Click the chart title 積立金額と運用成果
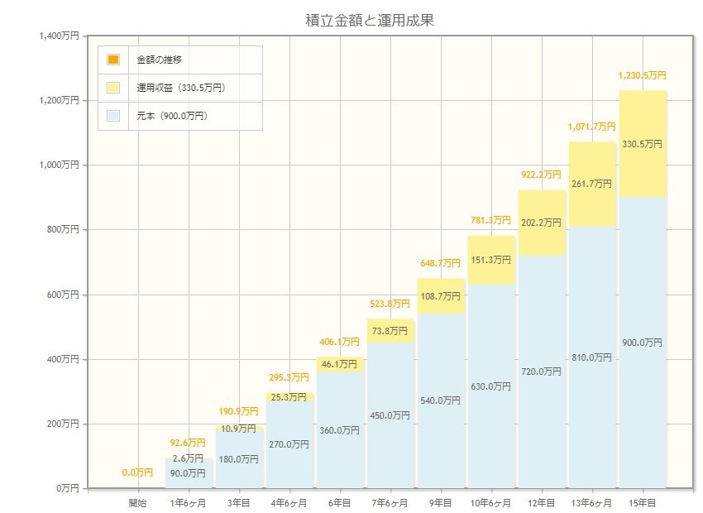[x=369, y=21]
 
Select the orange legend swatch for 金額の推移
[x=113, y=60]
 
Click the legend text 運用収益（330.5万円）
[x=181, y=88]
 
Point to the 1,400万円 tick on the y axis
[x=59, y=36]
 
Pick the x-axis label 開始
[x=137, y=502]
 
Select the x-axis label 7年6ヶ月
[x=390, y=502]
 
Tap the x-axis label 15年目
[x=643, y=502]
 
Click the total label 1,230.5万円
[x=642, y=75]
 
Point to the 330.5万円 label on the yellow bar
[x=642, y=144]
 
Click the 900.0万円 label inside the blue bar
[x=642, y=343]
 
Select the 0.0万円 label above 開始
[x=137, y=472]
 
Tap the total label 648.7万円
[x=440, y=263]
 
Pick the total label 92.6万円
[x=188, y=443]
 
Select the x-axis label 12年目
[x=542, y=502]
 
